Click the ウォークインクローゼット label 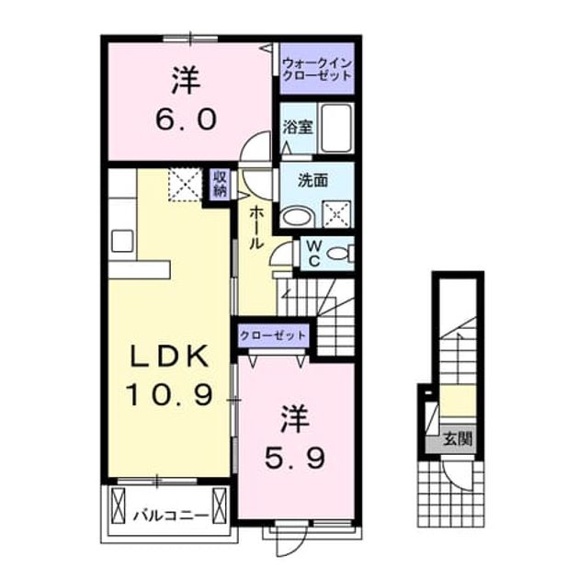(x=316, y=70)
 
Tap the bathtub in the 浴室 (x=335, y=128)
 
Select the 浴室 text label (x=298, y=128)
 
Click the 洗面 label (x=312, y=181)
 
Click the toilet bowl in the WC (x=338, y=254)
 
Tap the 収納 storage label (x=220, y=185)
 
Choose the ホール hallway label (x=256, y=228)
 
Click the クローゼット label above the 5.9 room (x=273, y=335)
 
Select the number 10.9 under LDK (x=170, y=394)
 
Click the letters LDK (x=169, y=357)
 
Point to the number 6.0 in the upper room (x=186, y=119)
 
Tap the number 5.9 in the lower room (x=295, y=458)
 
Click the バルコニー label (x=171, y=515)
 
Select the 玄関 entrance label (x=458, y=439)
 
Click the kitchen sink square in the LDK (x=122, y=241)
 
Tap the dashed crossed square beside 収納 (x=185, y=185)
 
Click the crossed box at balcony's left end (x=119, y=505)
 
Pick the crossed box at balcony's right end (x=220, y=505)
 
